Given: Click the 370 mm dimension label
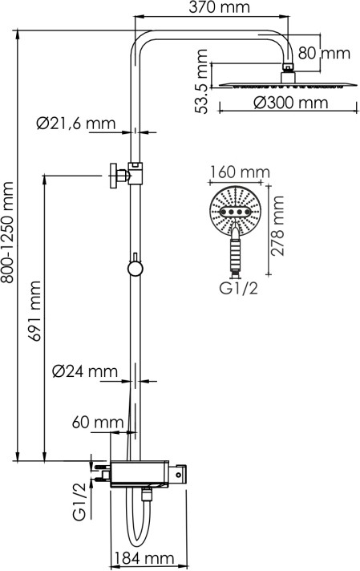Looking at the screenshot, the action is pyautogui.click(x=219, y=7).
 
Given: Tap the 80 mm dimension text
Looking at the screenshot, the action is pyautogui.click(x=324, y=53).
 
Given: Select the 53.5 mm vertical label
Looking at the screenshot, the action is pyautogui.click(x=202, y=81).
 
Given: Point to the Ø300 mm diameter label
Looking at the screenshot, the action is pyautogui.click(x=291, y=103).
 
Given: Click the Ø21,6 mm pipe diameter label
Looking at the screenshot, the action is pyautogui.click(x=75, y=124).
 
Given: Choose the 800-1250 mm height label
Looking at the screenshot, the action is pyautogui.click(x=7, y=233).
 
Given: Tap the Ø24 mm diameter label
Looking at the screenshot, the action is pyautogui.click(x=85, y=371).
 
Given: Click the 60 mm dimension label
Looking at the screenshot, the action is pyautogui.click(x=98, y=423).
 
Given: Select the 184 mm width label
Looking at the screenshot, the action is pyautogui.click(x=144, y=558).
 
